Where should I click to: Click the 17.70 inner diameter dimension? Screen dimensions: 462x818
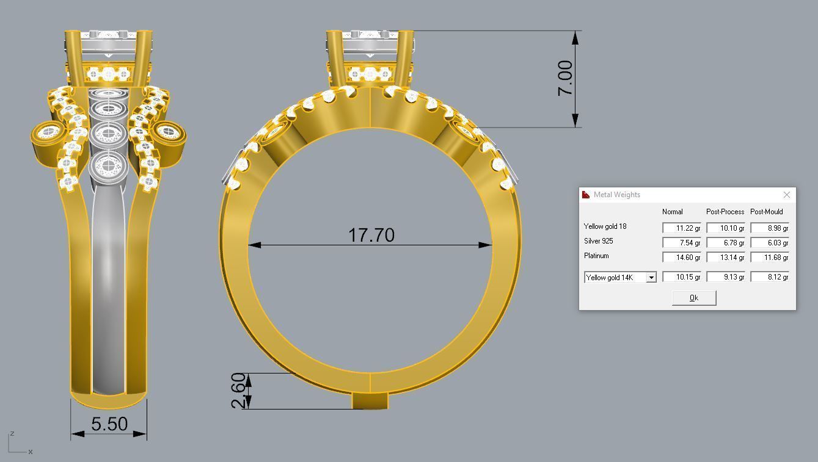(x=371, y=235)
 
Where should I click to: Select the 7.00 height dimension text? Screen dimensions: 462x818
(x=565, y=78)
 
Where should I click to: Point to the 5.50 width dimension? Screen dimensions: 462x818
(x=109, y=424)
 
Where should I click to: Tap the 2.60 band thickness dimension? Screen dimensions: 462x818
(x=239, y=391)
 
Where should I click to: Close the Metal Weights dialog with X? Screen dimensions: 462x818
(x=786, y=195)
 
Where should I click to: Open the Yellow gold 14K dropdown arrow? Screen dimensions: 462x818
(x=651, y=278)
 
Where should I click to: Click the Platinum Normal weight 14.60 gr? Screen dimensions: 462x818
(x=681, y=258)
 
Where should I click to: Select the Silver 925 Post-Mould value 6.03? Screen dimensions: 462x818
(x=769, y=243)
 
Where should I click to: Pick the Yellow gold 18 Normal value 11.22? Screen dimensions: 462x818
(x=681, y=228)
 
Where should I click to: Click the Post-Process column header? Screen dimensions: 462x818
(x=725, y=212)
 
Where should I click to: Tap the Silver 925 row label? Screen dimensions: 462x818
(x=599, y=241)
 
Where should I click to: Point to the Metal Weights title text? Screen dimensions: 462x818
(x=617, y=195)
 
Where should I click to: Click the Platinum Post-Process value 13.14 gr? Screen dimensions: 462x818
(x=725, y=258)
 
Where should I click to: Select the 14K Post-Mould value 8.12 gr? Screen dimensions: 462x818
(x=769, y=277)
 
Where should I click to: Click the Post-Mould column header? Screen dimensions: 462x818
(x=766, y=212)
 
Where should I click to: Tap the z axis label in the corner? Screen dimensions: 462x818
(x=12, y=434)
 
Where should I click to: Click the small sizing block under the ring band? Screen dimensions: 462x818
(x=370, y=401)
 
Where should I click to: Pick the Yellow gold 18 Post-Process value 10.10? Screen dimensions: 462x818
(x=725, y=228)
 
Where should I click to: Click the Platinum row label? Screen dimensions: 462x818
(x=596, y=256)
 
